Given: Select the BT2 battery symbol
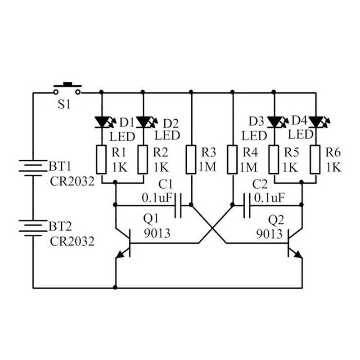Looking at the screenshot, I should click(33, 226).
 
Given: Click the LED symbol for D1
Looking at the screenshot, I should click(102, 121).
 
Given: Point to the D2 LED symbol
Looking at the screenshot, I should click(144, 121).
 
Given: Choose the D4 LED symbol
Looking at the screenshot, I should click(315, 121).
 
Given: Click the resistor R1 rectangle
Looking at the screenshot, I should click(102, 160).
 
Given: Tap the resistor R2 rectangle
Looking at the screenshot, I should click(144, 160).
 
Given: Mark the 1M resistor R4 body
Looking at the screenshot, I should click(232, 160).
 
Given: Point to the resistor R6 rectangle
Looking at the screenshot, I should click(315, 160).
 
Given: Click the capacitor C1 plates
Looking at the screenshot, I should click(178, 205).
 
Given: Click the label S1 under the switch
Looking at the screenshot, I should click(64, 105).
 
